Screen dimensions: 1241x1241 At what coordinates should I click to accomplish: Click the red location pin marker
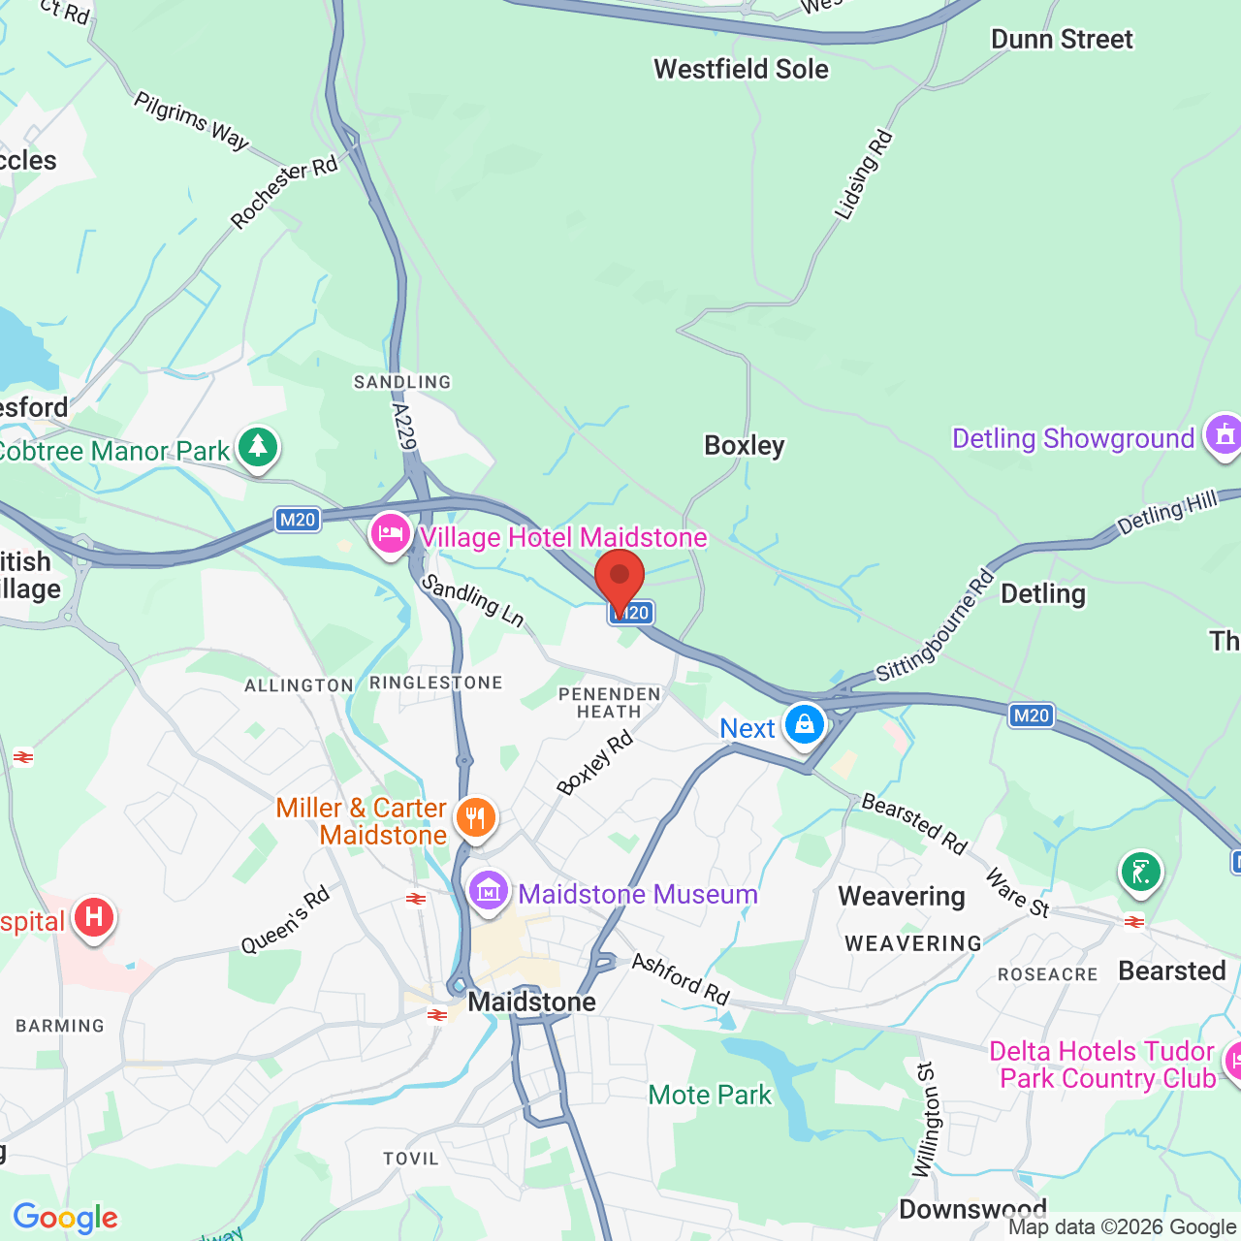620,578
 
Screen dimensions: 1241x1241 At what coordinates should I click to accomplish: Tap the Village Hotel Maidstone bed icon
391,534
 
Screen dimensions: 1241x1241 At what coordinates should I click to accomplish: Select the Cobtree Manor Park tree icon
257,448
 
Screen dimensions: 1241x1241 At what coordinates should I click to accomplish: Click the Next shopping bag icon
804,724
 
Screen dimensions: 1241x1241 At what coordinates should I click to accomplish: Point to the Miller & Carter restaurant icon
475,818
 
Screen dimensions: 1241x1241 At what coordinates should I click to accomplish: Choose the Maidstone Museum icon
489,890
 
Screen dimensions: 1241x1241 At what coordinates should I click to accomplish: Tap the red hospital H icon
94,916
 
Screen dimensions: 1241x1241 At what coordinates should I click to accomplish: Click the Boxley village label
744,446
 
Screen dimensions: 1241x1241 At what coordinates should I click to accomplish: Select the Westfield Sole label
741,70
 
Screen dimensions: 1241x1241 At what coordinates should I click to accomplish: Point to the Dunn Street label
1062,40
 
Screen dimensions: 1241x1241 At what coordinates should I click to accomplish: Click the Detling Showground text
1073,439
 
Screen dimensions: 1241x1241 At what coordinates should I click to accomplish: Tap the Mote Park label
710,1096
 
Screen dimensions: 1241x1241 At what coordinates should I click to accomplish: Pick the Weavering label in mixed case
902,897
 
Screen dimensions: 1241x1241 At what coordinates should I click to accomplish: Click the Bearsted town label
1172,971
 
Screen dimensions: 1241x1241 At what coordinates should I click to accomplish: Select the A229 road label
404,428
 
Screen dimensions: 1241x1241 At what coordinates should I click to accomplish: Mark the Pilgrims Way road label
191,121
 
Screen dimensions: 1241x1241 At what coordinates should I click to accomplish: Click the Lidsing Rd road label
863,175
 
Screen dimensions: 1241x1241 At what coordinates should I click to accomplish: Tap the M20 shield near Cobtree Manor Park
298,520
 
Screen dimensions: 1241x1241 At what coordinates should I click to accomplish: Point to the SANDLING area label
402,383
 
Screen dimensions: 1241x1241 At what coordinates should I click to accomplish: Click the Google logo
66,1218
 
